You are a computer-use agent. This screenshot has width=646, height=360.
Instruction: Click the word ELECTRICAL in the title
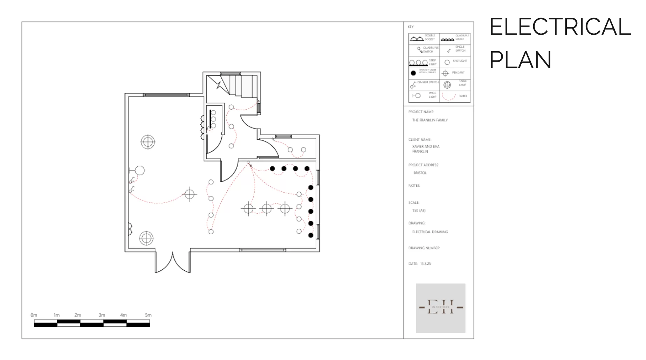pos(559,27)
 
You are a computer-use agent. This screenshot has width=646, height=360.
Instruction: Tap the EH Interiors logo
pos(440,308)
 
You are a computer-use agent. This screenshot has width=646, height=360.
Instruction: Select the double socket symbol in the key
pos(417,39)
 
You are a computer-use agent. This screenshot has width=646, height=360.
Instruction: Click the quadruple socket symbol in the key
pos(447,39)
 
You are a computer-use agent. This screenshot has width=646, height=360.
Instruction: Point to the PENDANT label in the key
pos(458,73)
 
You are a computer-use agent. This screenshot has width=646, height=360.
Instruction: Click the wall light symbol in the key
pos(416,96)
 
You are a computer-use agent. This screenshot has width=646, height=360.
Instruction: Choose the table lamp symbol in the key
pos(447,85)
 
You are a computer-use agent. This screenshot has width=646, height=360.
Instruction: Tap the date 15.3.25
pos(425,264)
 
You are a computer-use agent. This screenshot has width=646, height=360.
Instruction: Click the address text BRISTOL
pos(420,173)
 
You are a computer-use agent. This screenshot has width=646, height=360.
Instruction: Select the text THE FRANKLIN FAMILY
pos(430,120)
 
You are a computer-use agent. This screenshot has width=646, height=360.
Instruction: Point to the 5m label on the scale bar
pos(148,315)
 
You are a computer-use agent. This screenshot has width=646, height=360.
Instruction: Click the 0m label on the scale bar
pos(34,315)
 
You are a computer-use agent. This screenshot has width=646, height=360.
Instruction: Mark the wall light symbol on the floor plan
pos(137,171)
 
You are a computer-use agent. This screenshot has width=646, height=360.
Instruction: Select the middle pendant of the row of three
pos(267,209)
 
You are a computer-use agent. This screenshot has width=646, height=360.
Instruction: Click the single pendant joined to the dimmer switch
pos(190,194)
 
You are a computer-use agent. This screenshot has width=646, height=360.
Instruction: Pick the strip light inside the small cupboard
pos(211,119)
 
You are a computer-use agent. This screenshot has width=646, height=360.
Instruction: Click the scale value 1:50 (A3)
pos(419,210)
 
